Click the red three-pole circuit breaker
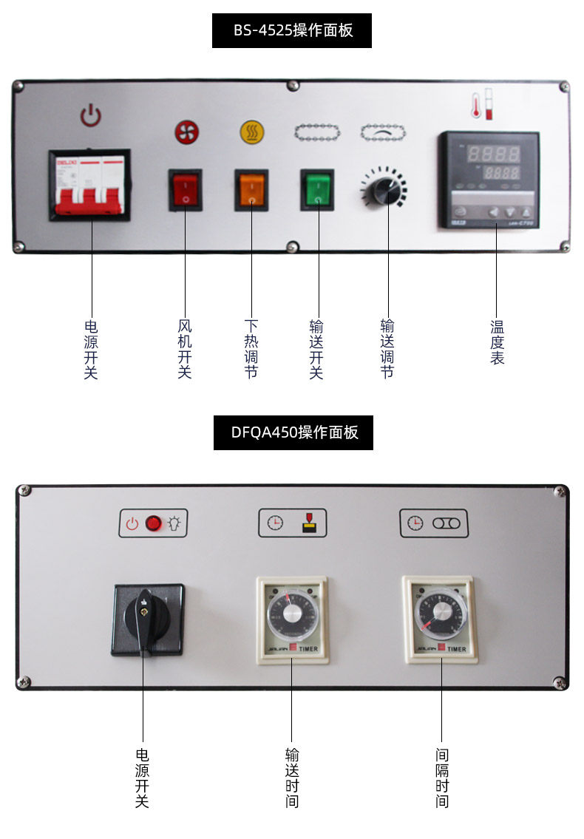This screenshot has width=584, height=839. pos(89,185)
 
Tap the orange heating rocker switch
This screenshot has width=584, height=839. pos(251,190)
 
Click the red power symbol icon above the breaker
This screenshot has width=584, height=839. pos(90,115)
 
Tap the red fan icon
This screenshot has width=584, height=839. pos(186,132)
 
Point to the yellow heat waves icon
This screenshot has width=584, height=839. pos(251,132)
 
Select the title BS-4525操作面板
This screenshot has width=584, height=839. pos(292,31)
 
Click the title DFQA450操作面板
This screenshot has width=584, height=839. pos(293,433)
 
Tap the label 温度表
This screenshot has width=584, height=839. pos(497,342)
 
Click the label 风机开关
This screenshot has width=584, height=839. pos(185,349)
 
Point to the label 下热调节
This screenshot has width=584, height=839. pos(251,349)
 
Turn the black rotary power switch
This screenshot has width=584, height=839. pos(148,619)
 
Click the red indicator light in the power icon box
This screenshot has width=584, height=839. pos(153,523)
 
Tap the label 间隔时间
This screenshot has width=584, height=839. pos(442,778)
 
